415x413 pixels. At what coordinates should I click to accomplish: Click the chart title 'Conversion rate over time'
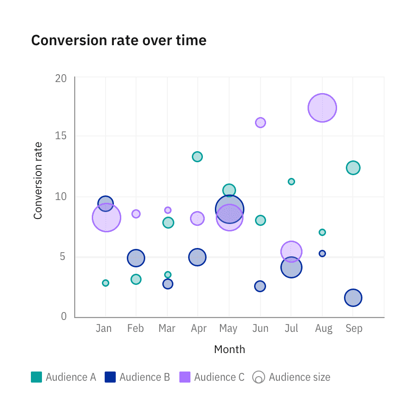119,41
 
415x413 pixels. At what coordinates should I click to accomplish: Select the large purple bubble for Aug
322,108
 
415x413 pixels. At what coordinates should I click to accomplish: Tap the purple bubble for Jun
261,123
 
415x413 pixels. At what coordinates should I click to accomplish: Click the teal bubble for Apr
197,157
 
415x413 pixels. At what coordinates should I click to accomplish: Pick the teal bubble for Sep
353,168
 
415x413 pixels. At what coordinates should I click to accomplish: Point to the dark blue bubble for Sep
353,298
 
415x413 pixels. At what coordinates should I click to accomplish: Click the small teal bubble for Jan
106,283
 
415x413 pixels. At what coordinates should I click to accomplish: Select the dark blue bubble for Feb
136,258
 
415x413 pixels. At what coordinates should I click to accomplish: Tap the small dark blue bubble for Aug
322,254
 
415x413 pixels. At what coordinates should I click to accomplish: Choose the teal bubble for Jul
291,182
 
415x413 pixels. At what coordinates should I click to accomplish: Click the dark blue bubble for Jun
261,286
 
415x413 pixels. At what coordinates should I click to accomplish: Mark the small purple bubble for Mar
168,210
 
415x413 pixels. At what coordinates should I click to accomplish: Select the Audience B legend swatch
110,377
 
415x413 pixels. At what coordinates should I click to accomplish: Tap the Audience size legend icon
258,378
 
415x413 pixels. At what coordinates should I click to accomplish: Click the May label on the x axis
228,329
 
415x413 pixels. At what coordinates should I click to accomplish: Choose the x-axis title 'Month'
230,349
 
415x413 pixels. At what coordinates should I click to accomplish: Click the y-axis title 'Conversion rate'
38,181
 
